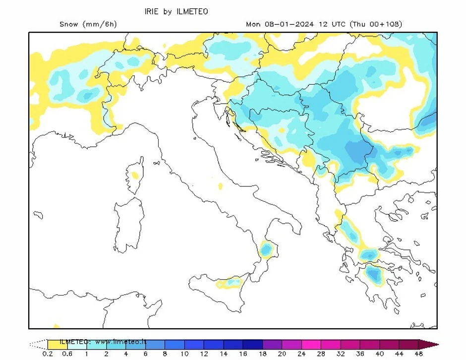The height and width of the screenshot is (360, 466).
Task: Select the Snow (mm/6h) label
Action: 88,24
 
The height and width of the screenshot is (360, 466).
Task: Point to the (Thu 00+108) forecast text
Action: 376,24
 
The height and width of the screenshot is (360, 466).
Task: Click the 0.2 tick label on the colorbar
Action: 48,354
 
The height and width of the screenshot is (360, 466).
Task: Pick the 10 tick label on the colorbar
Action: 184,354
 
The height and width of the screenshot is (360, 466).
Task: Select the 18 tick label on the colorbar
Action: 263,354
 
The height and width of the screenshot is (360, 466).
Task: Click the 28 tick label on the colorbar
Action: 321,354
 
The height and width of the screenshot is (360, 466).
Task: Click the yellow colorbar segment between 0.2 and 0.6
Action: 57,344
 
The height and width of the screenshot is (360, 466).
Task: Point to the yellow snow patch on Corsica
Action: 134,175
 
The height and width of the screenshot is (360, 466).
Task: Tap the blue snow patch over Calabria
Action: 267,249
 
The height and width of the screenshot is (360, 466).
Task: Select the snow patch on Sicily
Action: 229,283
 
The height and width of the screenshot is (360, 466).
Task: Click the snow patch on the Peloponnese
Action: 373,274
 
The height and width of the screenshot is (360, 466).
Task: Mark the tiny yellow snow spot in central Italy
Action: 220,186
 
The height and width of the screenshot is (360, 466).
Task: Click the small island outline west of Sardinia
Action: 38,215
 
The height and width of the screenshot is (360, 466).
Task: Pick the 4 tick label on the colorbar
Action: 126,354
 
